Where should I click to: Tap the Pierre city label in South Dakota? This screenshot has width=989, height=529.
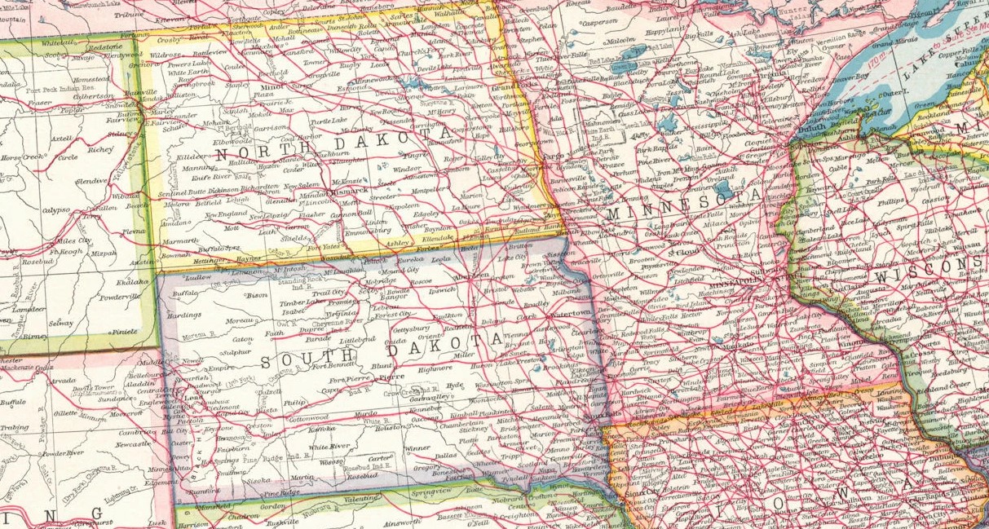click(x=392, y=377)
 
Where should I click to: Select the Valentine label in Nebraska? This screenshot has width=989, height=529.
click(x=348, y=496)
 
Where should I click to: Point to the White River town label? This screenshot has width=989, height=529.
click(x=329, y=447)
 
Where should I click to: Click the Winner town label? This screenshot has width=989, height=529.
click(x=417, y=447)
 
